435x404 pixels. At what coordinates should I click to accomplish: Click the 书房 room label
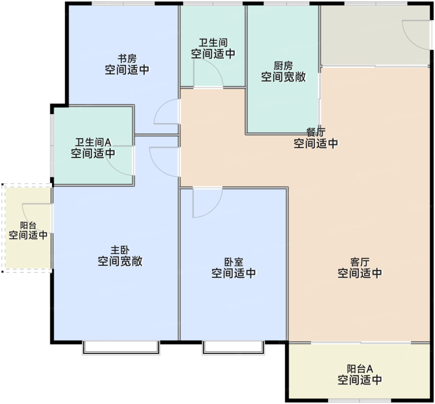(x=127, y=58)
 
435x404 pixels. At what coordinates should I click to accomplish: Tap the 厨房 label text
(x=283, y=66)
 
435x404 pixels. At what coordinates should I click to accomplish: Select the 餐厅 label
(x=316, y=132)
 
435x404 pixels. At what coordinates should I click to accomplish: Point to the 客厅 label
(x=360, y=262)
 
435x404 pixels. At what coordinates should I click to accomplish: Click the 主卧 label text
(x=120, y=250)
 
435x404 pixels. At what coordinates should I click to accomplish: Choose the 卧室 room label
(x=233, y=262)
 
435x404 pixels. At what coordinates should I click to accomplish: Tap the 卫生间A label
(x=93, y=142)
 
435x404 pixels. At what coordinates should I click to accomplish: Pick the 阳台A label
(x=360, y=369)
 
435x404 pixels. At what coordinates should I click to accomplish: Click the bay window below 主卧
(x=121, y=348)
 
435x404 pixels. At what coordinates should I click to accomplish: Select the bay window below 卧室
(x=233, y=348)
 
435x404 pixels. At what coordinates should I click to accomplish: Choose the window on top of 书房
(x=123, y=4)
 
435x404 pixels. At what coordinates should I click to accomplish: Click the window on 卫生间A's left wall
(x=52, y=145)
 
